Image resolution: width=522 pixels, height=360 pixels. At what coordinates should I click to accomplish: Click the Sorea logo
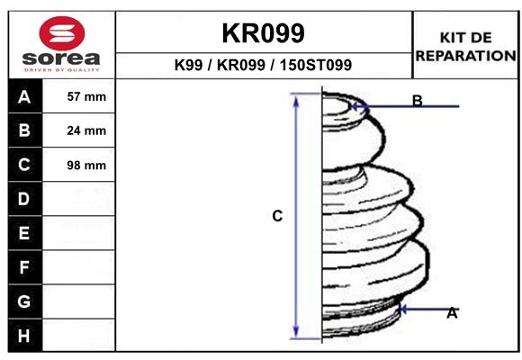pyautogui.click(x=62, y=44)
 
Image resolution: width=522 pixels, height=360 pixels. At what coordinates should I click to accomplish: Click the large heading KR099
pyautogui.click(x=263, y=33)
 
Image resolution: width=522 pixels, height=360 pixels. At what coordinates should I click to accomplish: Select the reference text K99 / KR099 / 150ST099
pyautogui.click(x=263, y=66)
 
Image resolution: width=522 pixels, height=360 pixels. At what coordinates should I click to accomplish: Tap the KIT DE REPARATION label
pyautogui.click(x=465, y=46)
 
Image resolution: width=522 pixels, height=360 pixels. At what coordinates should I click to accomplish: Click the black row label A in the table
pyautogui.click(x=24, y=97)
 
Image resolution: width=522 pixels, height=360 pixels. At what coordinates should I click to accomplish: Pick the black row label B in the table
pyautogui.click(x=24, y=130)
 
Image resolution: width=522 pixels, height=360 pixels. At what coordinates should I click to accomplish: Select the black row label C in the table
pyautogui.click(x=24, y=165)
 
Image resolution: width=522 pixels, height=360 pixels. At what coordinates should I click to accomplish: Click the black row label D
pyautogui.click(x=24, y=199)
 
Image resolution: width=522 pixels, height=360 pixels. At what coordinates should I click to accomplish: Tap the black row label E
pyautogui.click(x=24, y=233)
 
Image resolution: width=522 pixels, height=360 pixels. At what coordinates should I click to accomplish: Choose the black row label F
pyautogui.click(x=24, y=267)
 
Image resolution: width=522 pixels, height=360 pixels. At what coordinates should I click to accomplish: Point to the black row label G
pyautogui.click(x=24, y=301)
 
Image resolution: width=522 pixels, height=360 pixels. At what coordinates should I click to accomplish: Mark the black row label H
pyautogui.click(x=24, y=335)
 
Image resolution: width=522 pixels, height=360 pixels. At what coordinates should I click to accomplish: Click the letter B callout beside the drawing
pyautogui.click(x=417, y=101)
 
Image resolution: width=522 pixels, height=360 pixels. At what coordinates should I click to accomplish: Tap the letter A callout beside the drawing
pyautogui.click(x=452, y=313)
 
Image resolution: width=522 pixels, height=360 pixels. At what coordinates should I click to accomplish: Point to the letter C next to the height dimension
pyautogui.click(x=277, y=216)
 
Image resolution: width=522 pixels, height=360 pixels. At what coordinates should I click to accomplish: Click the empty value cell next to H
pyautogui.click(x=80, y=335)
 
